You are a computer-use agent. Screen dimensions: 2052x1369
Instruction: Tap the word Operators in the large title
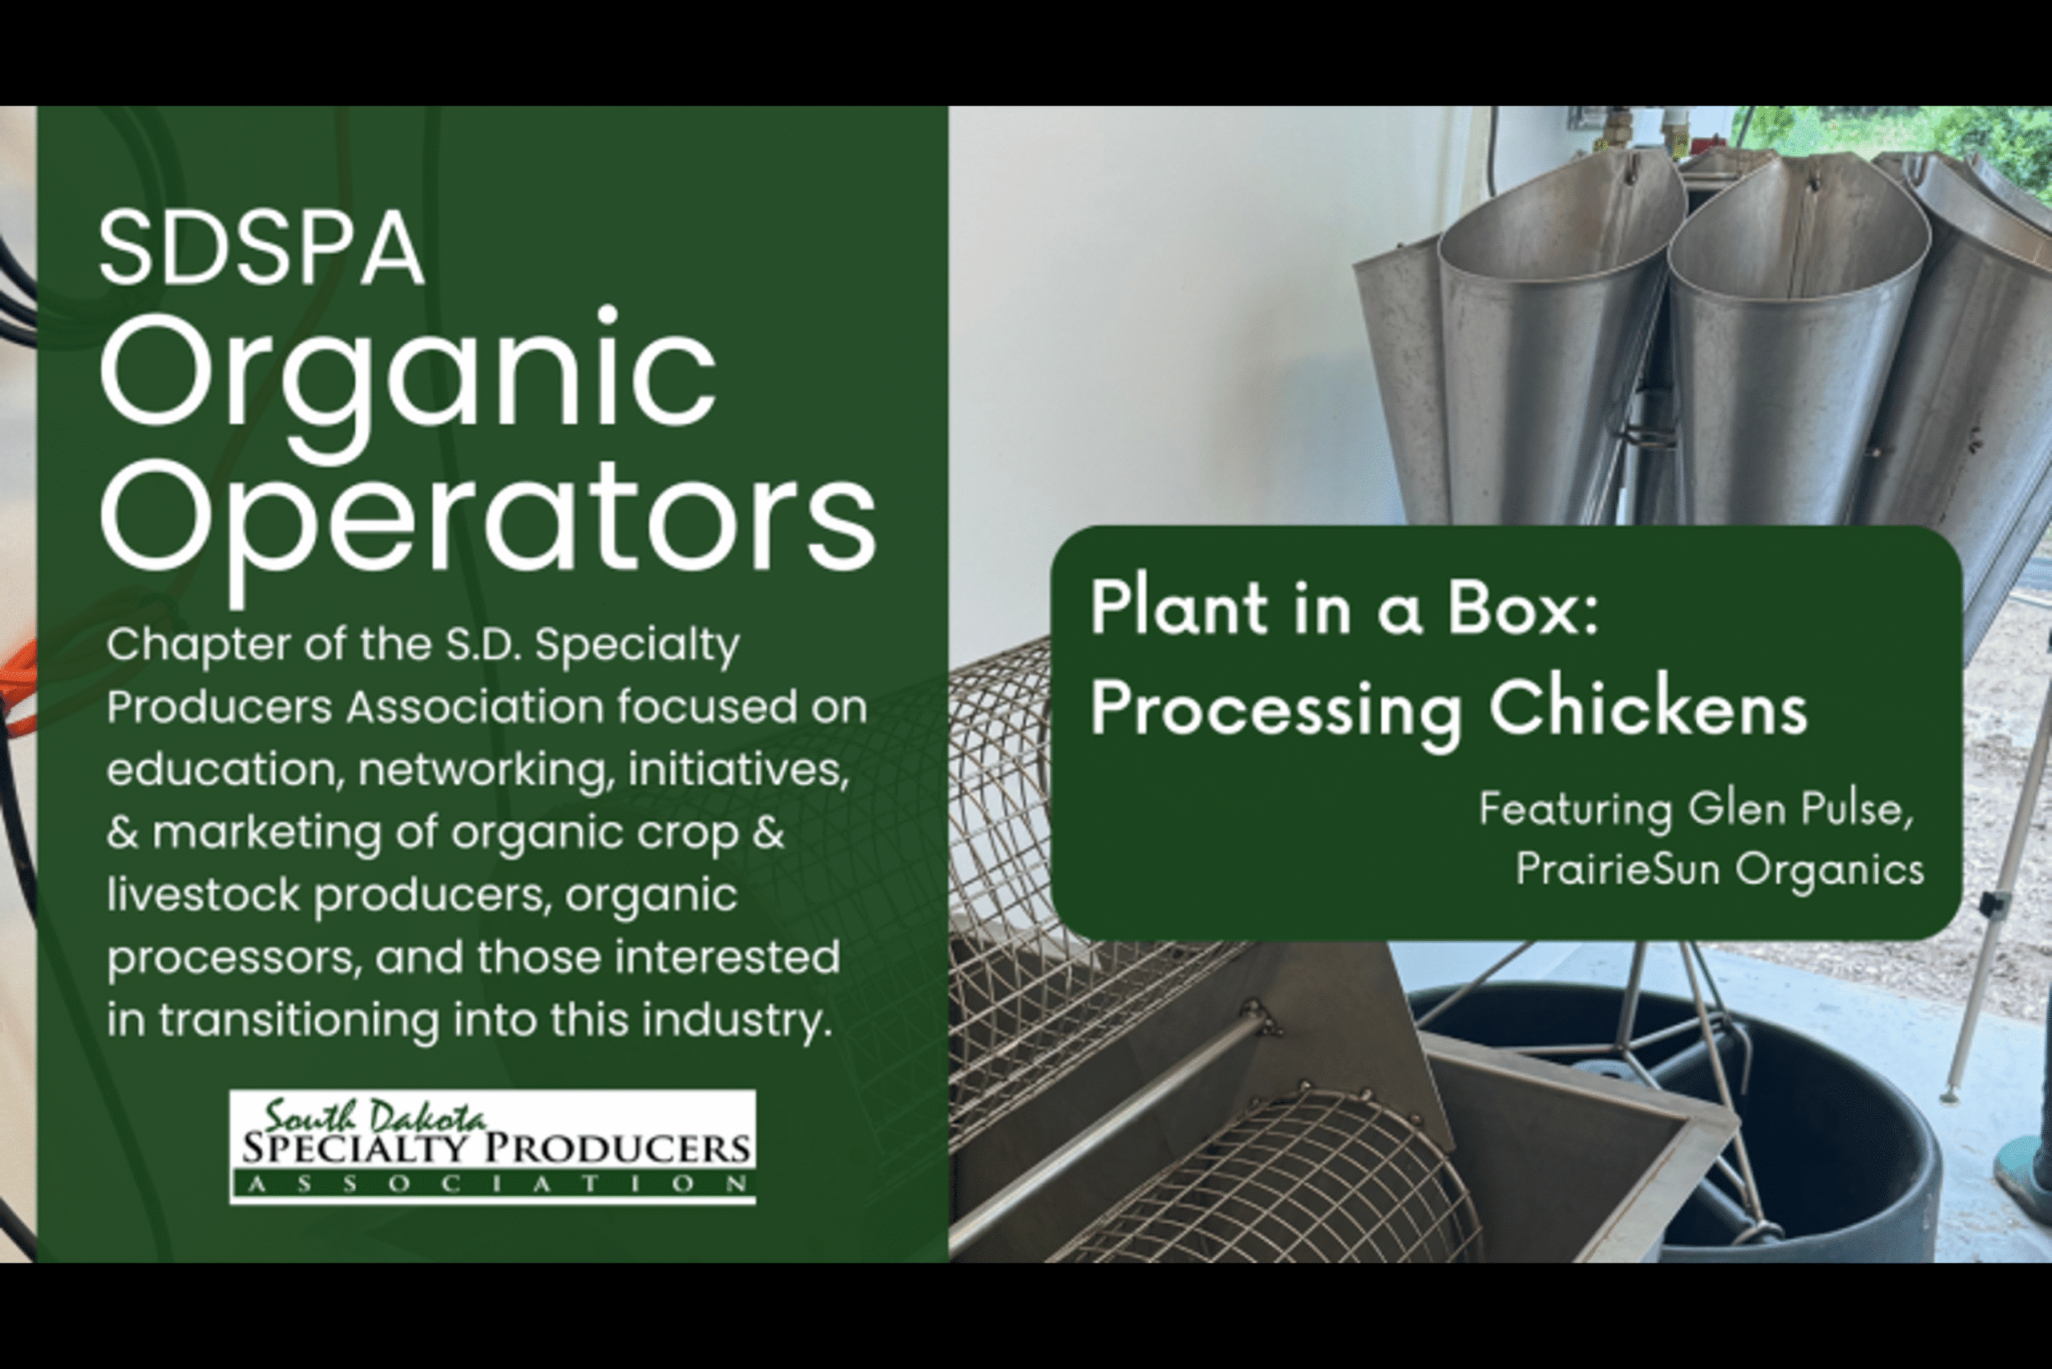[488, 526]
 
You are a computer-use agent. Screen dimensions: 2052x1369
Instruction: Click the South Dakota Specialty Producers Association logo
[492, 1147]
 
